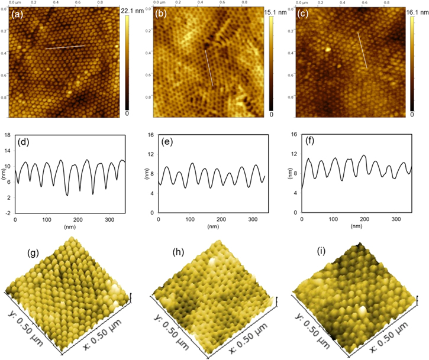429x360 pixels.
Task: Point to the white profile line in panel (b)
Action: click(209, 67)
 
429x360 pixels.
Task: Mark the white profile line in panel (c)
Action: click(362, 51)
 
